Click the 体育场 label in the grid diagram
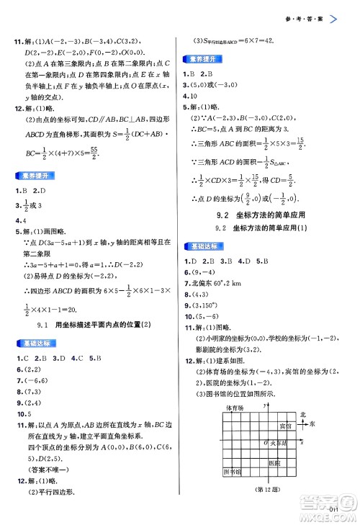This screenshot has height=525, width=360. click(x=234, y=408)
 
